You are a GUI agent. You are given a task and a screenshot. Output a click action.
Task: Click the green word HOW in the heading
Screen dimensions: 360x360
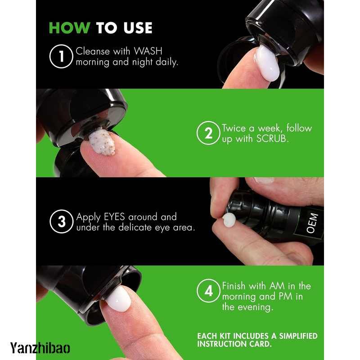click(70, 28)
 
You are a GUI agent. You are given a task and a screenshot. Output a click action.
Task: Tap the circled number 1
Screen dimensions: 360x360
click(61, 56)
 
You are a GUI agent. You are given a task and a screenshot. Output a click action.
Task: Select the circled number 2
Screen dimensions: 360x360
click(208, 133)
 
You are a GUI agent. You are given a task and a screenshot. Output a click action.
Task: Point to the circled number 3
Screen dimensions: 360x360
click(61, 221)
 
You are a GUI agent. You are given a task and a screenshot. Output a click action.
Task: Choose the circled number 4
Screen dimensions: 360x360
click(208, 291)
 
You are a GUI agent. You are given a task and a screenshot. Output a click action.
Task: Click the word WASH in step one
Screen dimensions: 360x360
click(148, 51)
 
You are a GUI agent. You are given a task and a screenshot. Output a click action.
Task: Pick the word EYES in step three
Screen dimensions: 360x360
click(114, 217)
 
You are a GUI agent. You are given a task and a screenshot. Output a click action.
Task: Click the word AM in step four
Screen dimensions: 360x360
click(277, 286)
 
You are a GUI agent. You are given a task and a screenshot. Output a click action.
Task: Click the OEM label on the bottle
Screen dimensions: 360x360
click(312, 223)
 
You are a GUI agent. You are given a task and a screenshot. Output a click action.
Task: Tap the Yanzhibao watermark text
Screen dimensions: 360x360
click(40, 347)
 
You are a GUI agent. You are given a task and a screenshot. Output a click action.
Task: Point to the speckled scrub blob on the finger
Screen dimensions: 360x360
click(102, 142)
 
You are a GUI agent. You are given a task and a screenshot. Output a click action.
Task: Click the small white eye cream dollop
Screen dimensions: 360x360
click(229, 220)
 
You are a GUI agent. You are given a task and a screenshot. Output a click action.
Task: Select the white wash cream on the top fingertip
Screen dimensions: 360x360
click(267, 63)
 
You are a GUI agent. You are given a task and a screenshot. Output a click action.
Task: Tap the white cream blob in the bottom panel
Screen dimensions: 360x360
click(118, 299)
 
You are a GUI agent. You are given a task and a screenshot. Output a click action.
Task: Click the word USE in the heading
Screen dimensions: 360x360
click(138, 28)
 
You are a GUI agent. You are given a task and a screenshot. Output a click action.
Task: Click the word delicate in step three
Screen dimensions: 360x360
click(135, 227)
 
